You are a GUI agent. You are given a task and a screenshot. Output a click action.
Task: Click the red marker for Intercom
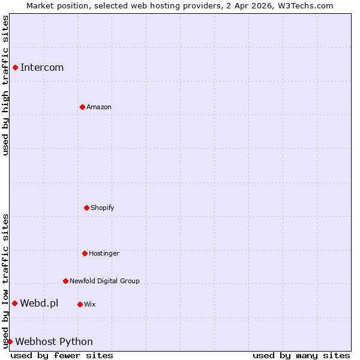coord(15,67)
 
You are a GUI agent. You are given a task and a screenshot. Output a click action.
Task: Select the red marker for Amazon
coord(82,107)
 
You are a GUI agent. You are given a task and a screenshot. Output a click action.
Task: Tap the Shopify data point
coord(86,208)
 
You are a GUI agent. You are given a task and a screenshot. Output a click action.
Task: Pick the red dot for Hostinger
coord(85,253)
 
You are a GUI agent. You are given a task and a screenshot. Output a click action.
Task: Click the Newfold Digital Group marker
coord(65,281)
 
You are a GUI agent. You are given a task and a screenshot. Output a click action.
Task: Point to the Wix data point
coord(80,304)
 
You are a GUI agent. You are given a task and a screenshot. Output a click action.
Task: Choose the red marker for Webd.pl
coord(14,303)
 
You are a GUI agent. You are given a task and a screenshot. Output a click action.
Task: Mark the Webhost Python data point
coord(10,341)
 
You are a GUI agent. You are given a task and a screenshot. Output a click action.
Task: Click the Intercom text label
coord(42,67)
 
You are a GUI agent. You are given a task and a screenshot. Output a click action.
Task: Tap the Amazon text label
coord(99,107)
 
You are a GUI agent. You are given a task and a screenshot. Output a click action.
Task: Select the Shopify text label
coord(103,208)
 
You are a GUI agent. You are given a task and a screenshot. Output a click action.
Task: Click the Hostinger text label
coord(104,253)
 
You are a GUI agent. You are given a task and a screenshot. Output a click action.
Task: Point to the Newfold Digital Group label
coord(104,281)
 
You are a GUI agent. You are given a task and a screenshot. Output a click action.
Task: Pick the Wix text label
coord(90,304)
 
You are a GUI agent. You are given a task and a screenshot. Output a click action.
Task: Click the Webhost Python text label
coord(54,341)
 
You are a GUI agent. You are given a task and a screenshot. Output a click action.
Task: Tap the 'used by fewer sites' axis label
coord(62,355)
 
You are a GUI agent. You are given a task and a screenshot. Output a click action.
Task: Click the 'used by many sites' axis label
coord(301,355)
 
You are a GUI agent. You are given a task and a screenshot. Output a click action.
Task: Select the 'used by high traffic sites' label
coord(5,85)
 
